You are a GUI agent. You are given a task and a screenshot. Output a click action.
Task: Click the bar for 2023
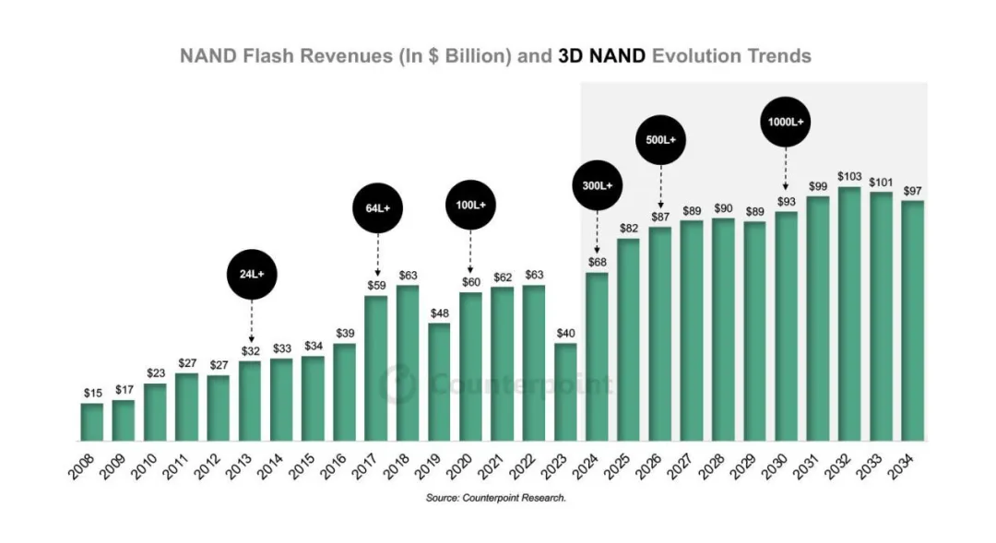(565, 392)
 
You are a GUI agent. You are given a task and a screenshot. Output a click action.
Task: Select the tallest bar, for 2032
(849, 313)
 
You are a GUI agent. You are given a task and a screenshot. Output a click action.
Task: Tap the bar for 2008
(92, 421)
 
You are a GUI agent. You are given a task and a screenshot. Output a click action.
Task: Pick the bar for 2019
(439, 382)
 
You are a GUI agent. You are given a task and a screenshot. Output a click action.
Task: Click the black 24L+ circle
(251, 274)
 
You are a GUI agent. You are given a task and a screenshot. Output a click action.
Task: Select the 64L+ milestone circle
(377, 208)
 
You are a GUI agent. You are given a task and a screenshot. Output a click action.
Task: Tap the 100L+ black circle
(470, 204)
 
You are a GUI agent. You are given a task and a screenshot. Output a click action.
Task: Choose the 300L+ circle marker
(597, 184)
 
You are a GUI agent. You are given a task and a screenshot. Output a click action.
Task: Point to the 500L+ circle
(660, 139)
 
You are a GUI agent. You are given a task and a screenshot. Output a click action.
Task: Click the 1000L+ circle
(786, 121)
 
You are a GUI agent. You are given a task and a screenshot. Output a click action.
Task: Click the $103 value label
(849, 175)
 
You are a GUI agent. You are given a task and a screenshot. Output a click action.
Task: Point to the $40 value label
(565, 332)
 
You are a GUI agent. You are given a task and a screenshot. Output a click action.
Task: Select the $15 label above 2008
(92, 393)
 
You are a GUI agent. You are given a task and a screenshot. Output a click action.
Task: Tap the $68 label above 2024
(597, 261)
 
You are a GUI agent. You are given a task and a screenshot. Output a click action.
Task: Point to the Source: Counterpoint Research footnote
(495, 498)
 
